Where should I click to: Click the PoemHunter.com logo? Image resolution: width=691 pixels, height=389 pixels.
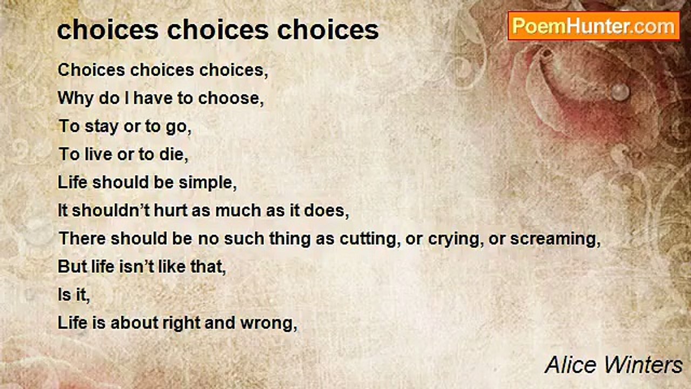(593, 26)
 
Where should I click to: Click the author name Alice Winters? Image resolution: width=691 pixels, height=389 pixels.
(614, 365)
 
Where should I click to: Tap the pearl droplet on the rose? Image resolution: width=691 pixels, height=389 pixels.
(620, 91)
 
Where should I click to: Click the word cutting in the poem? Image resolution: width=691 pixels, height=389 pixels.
(368, 239)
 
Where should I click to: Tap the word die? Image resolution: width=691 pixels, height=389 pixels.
(174, 155)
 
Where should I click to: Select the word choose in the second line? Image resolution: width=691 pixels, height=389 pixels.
(231, 98)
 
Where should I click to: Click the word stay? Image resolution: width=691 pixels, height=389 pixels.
(102, 126)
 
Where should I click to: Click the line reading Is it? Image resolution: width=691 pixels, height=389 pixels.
(73, 295)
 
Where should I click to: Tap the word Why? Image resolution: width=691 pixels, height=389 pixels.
(75, 98)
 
